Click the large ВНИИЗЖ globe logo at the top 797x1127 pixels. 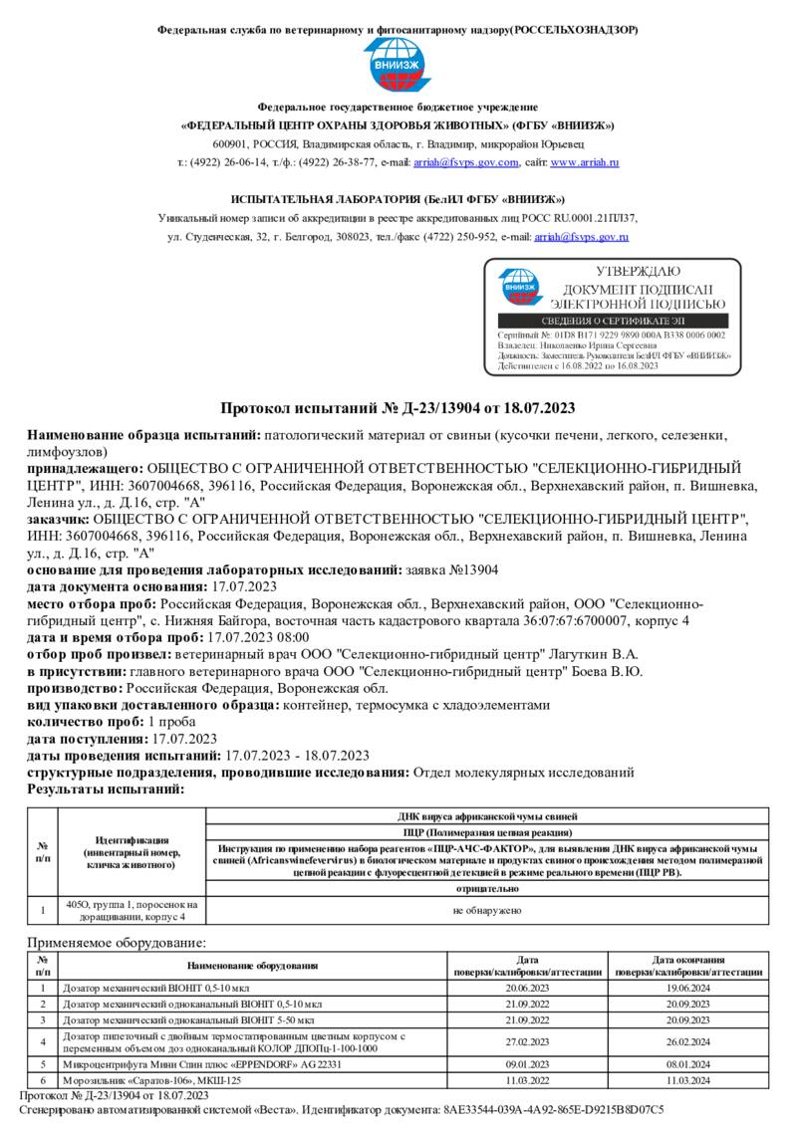[398, 67]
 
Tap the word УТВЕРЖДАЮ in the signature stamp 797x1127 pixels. [638, 271]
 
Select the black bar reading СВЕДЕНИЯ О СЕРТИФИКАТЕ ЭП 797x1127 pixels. [612, 322]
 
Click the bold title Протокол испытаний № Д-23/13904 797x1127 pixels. [398, 408]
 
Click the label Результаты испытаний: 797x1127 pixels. [105, 789]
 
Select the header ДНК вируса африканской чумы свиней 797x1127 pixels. [486, 816]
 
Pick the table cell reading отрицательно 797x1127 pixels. [486, 888]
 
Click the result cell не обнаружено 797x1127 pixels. [486, 910]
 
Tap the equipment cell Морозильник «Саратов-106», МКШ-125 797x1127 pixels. [151, 1079]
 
